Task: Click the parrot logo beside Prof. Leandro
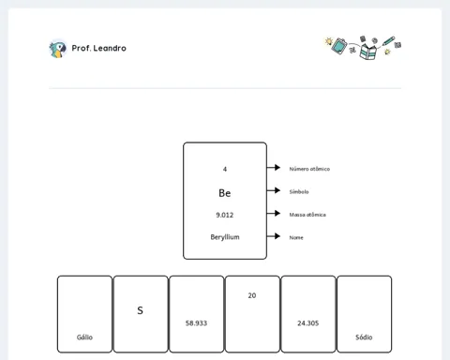[x=58, y=49]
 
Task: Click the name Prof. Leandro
[x=99, y=48]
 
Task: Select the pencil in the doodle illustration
[x=388, y=41]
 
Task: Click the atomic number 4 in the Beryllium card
[x=225, y=169]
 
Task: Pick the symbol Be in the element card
[x=225, y=193]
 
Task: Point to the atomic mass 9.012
[x=225, y=215]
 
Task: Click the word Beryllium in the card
[x=225, y=237]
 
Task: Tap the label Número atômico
[x=309, y=169]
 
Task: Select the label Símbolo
[x=299, y=191]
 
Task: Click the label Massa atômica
[x=307, y=215]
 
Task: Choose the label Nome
[x=296, y=237]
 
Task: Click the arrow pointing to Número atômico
[x=274, y=168]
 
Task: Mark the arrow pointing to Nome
[x=274, y=236]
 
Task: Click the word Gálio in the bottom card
[x=84, y=337]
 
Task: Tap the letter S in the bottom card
[x=140, y=310]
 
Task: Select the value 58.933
[x=196, y=323]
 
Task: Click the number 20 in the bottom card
[x=252, y=295]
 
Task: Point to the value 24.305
[x=308, y=323]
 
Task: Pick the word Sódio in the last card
[x=364, y=337]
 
